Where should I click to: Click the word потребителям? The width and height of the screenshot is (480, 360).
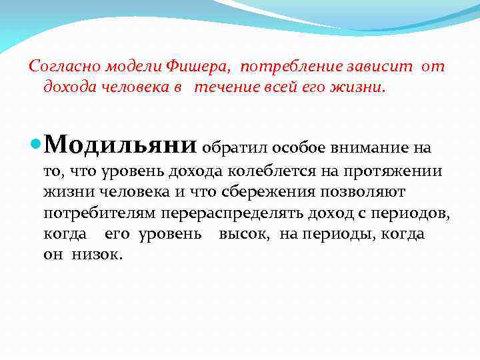[99, 213]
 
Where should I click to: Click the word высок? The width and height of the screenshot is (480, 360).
[243, 235]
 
